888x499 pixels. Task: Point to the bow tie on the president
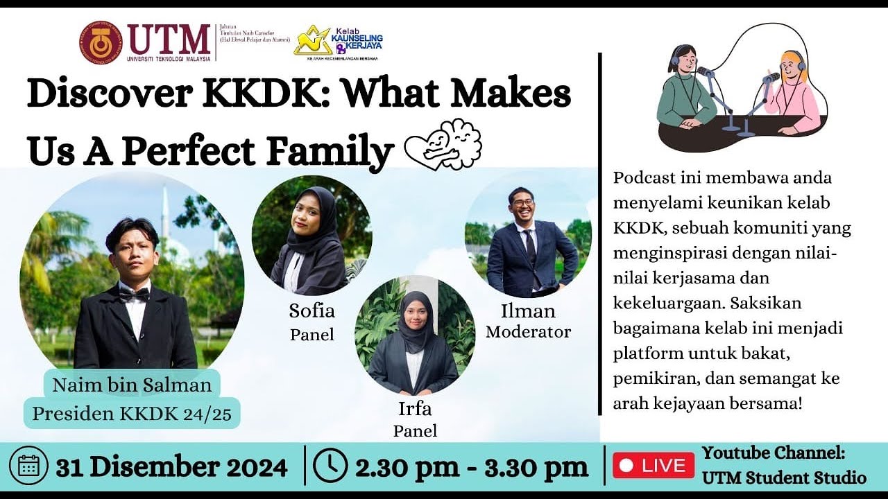click(x=134, y=294)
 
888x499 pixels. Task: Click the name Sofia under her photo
click(x=311, y=310)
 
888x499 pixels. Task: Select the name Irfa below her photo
click(x=415, y=408)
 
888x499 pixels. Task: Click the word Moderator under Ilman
click(x=528, y=332)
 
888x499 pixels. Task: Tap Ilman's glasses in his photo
click(x=521, y=203)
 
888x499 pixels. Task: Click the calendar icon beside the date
click(x=28, y=466)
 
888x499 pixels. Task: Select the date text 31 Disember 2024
click(x=171, y=467)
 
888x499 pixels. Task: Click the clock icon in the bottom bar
click(x=330, y=466)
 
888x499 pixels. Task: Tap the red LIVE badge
click(x=653, y=466)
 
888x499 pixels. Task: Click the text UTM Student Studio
click(x=784, y=478)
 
